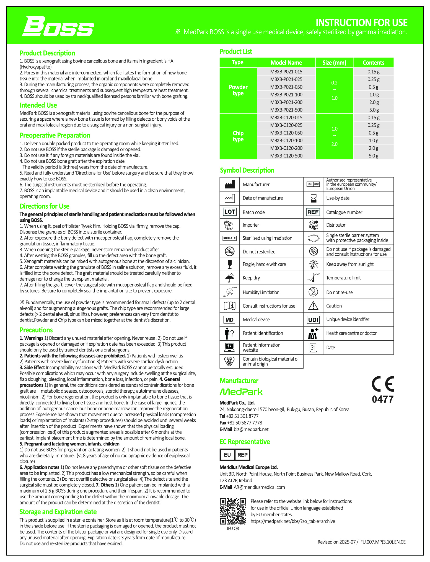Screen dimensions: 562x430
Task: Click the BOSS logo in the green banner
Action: tap(58, 27)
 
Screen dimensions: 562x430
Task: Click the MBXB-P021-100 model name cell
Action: tap(286, 95)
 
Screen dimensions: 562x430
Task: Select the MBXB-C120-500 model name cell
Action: tap(286, 156)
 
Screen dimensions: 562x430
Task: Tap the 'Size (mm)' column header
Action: tap(334, 63)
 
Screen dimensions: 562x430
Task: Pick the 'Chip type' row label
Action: tap(238, 136)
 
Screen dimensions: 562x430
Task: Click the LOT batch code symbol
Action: tap(229, 212)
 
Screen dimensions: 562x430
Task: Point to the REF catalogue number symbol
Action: tap(313, 212)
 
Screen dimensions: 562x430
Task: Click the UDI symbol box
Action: tap(313, 320)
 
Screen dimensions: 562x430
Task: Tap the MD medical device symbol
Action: tap(229, 320)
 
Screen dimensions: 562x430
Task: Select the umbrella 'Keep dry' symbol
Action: tap(229, 278)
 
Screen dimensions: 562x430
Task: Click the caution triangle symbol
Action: tap(313, 306)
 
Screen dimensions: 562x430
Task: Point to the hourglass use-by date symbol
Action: tap(313, 198)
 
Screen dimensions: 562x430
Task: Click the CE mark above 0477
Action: tap(383, 384)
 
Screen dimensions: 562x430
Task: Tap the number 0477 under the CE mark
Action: tap(383, 399)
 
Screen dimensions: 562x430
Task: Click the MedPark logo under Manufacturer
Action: tap(241, 392)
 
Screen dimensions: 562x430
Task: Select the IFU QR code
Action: tap(233, 511)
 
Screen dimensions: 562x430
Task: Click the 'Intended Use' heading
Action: tap(38, 105)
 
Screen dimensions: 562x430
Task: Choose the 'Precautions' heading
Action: tap(36, 330)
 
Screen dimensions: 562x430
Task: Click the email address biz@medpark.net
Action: tap(251, 429)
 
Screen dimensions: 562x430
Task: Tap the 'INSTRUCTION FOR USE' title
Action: tap(361, 22)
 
